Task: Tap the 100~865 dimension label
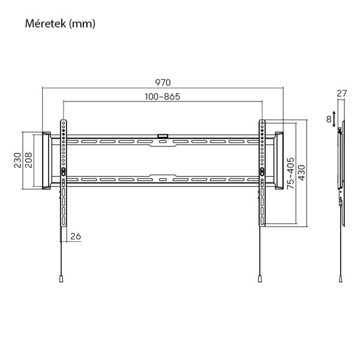coord(163,96)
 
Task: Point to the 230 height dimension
coord(17,161)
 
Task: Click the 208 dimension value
coord(28,161)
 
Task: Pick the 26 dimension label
coord(76,236)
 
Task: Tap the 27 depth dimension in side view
coord(341,93)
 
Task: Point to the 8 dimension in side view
coord(329,119)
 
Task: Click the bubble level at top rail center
coord(162,136)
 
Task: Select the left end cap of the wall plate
coord(45,161)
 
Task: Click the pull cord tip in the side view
coord(340,278)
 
